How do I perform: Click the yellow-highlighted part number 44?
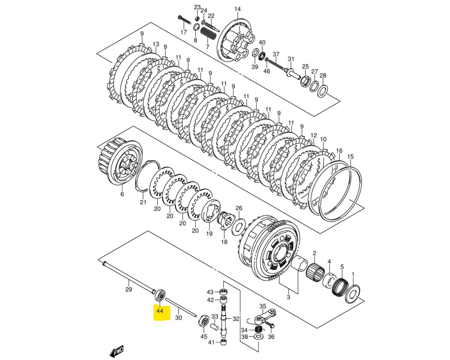pos(160,311)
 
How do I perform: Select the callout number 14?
pos(238,9)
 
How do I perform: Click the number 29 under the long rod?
pos(129,289)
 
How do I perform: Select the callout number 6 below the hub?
pos(122,194)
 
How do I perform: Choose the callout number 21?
pos(143,202)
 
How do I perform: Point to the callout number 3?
pos(289,297)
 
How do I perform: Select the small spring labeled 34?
pos(259,330)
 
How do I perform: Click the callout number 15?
pos(350,156)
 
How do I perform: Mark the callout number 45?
pos(204,337)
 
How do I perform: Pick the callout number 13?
pos(156,44)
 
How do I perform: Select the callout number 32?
pos(236,319)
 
